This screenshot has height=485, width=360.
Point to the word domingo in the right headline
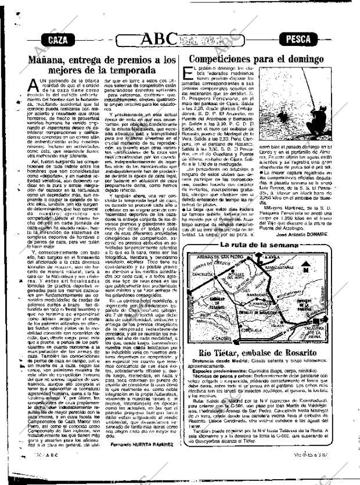pyautogui.click(x=320, y=59)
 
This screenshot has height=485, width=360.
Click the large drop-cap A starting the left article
pyautogui.click(x=34, y=85)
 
